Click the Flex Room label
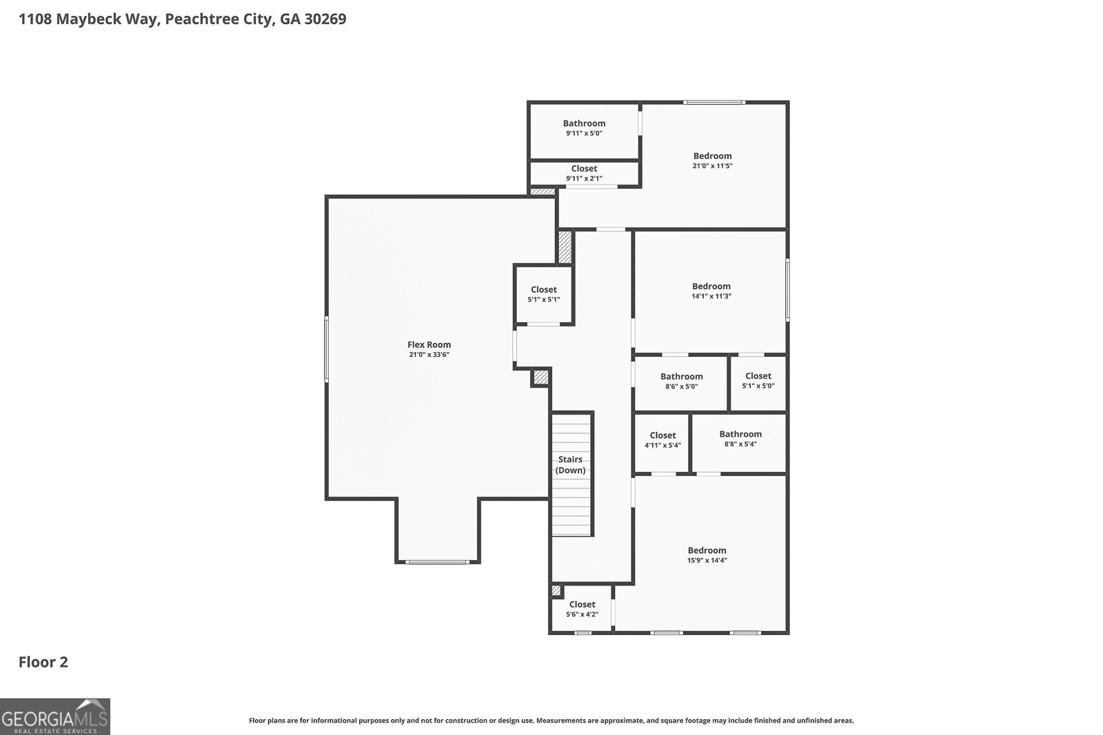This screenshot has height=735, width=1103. click(429, 344)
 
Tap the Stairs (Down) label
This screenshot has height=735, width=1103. click(571, 464)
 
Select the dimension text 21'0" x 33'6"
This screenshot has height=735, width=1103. click(429, 355)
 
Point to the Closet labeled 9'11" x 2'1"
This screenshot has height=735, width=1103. click(584, 173)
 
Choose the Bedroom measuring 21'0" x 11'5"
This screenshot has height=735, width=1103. click(712, 160)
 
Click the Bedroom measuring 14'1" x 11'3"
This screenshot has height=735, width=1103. click(711, 290)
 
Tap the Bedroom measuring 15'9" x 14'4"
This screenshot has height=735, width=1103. click(707, 555)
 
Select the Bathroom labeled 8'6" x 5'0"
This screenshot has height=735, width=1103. click(681, 381)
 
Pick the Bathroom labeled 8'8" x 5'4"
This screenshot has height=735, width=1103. click(740, 439)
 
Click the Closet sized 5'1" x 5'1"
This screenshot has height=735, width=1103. click(543, 294)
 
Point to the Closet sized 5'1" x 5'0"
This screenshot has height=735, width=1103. click(758, 380)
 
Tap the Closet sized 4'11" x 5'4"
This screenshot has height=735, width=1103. click(662, 439)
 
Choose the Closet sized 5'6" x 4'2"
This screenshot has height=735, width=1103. click(582, 609)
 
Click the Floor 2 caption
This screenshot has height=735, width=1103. click(43, 662)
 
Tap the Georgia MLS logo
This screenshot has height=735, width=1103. click(54, 716)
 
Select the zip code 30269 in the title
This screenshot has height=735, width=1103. click(323, 19)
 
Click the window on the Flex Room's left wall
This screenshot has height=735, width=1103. click(326, 349)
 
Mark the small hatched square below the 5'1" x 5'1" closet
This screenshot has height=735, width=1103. click(540, 377)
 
